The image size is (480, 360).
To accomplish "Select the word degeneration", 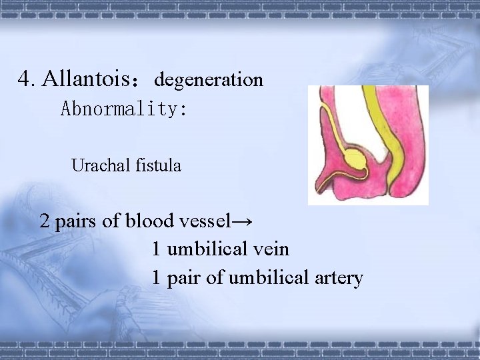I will point(209,81).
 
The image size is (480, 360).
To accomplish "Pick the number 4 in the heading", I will point(25,79).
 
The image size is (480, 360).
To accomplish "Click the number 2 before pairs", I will point(45,221).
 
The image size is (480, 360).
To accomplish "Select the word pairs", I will point(75,221).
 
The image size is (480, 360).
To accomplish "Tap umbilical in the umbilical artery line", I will point(266,277).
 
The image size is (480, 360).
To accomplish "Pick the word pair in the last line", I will point(184,278).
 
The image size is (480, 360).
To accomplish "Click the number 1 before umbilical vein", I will point(156,249).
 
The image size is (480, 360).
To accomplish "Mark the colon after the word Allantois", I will point(137,84).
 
